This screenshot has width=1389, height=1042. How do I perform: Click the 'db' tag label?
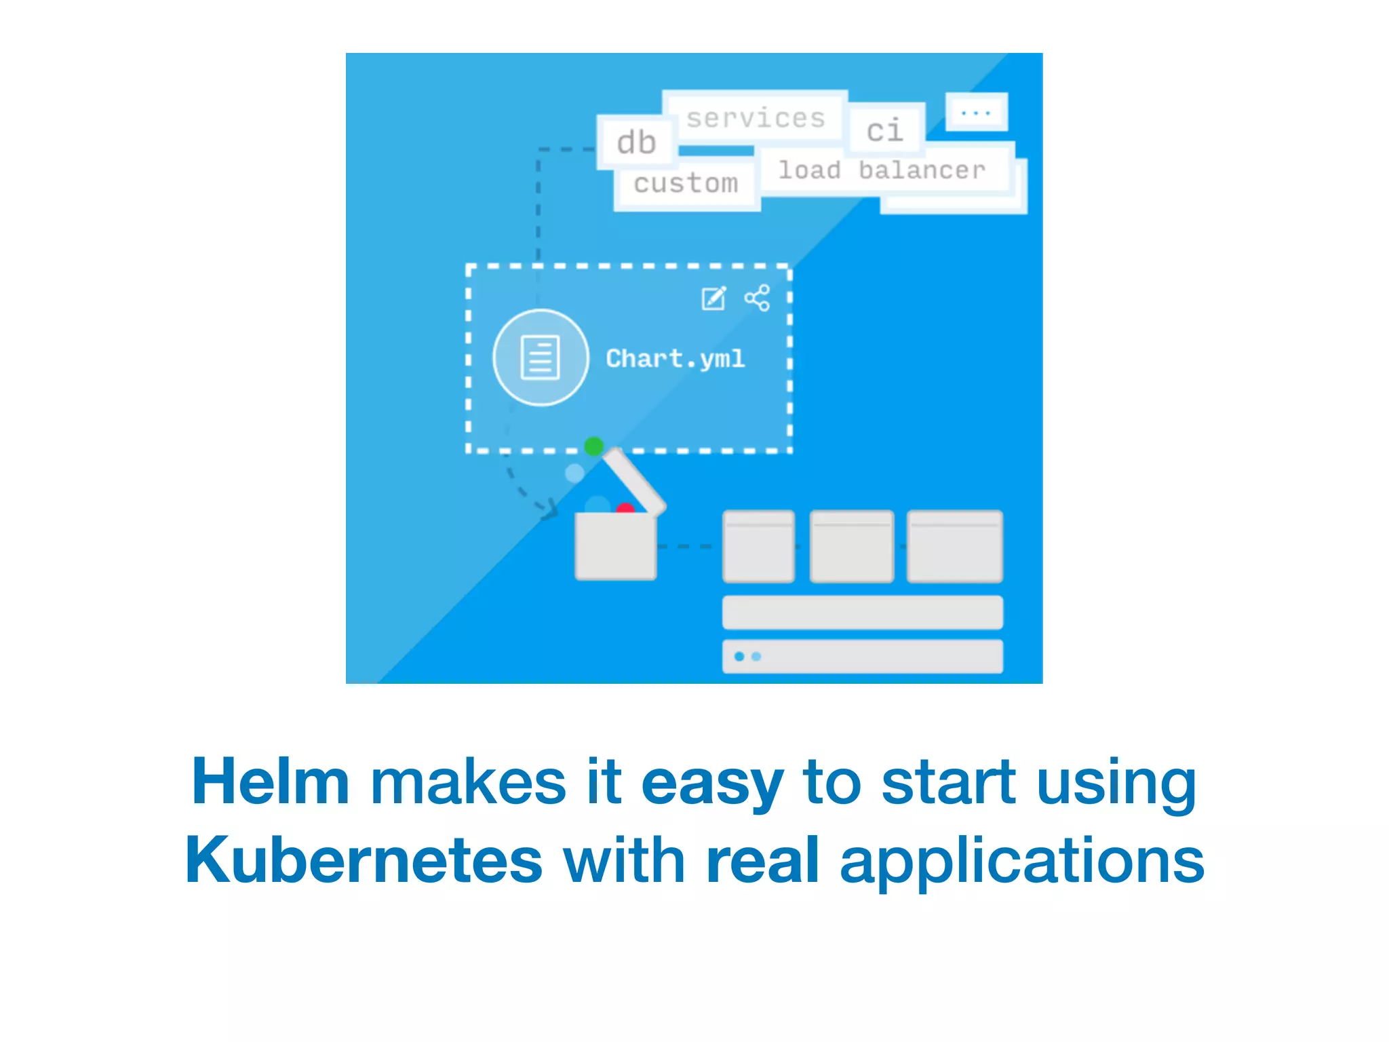click(x=636, y=142)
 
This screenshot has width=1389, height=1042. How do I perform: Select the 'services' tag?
click(x=755, y=118)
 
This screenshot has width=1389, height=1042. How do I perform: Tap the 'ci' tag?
click(x=885, y=130)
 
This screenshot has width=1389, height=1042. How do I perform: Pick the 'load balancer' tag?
click(x=882, y=170)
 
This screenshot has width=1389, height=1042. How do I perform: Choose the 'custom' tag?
click(x=686, y=183)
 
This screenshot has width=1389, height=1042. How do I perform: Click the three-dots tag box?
click(x=976, y=112)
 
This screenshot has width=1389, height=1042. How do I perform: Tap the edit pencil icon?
click(x=713, y=298)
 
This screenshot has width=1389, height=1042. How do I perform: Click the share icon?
click(x=757, y=298)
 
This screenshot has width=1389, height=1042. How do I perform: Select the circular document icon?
click(x=541, y=358)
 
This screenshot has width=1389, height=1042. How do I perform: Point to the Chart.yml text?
click(x=676, y=358)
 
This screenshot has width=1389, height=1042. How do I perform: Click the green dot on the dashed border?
click(x=593, y=446)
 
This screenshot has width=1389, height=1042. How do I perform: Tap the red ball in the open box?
click(x=625, y=508)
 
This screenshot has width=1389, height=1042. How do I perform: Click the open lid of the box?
click(x=635, y=481)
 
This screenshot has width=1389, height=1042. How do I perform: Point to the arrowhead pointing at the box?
click(x=549, y=509)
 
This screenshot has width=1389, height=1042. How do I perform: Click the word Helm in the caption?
click(x=270, y=782)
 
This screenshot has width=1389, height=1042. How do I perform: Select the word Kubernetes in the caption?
click(x=364, y=861)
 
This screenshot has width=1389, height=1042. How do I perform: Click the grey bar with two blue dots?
click(x=862, y=656)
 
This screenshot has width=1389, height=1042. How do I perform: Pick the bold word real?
click(x=762, y=861)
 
